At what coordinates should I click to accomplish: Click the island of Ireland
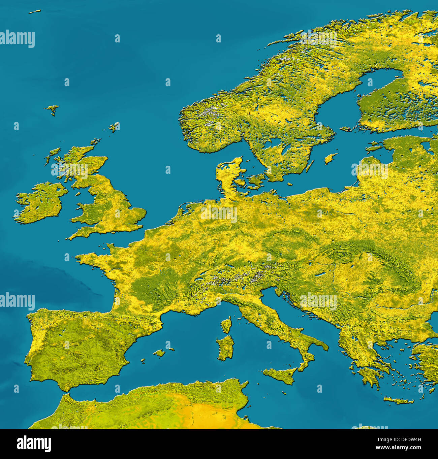point(40,202)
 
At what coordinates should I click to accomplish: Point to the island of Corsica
point(226,325)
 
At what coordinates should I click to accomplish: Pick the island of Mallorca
point(159,353)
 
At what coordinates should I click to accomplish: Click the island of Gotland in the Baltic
point(331,158)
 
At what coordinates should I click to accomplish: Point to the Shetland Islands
point(114,127)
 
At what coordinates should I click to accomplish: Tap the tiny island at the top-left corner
point(34,12)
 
